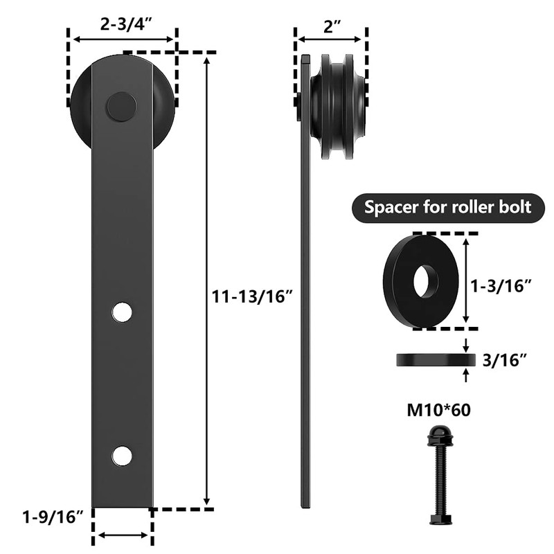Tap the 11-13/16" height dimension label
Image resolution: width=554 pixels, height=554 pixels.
254,296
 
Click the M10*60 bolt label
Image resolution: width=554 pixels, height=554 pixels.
439,410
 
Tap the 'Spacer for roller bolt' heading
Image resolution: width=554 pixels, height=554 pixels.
448,207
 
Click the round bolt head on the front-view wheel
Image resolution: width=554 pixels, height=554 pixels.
120,107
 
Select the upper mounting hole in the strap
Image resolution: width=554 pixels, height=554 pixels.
122,312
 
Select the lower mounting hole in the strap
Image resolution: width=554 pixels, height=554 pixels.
122,455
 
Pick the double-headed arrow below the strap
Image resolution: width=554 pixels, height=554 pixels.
123,535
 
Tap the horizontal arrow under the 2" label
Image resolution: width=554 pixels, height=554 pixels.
330,40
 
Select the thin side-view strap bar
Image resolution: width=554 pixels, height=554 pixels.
305,312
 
